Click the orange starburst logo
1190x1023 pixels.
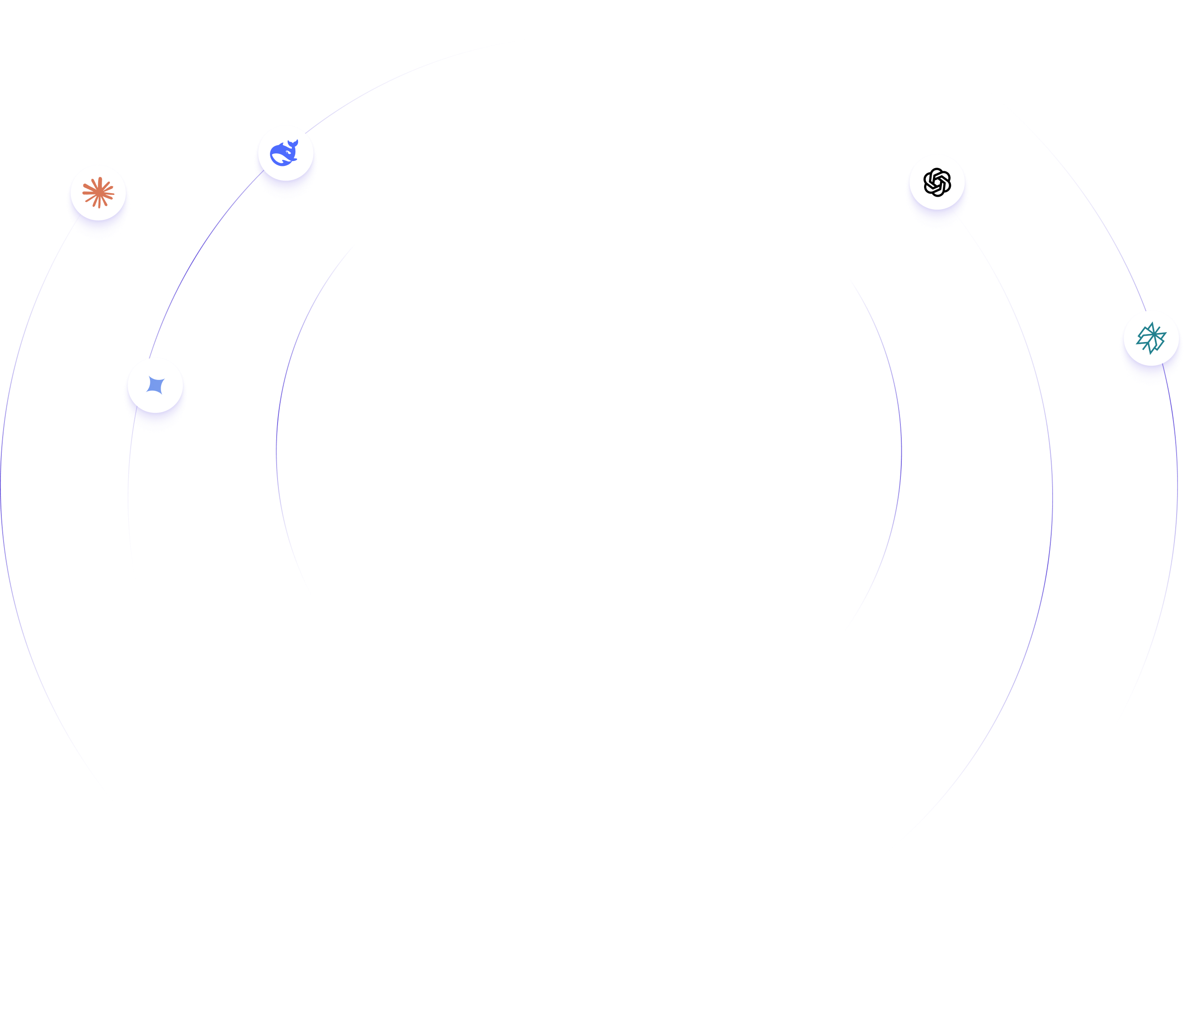98,192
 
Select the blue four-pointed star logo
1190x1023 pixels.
155,385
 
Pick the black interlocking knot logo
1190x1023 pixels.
937,182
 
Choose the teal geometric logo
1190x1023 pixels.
1151,338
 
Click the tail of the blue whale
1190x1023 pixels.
294,143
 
